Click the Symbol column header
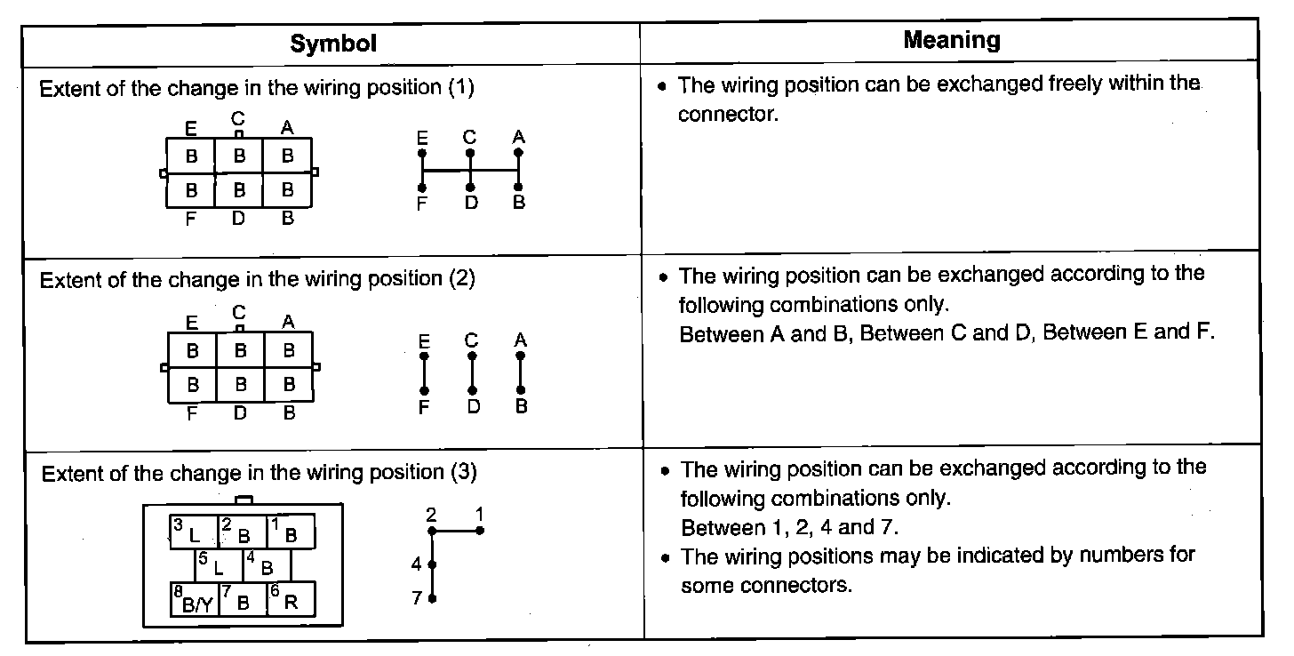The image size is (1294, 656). coord(333,44)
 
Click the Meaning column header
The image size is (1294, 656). coord(951,40)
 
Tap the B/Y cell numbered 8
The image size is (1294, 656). coord(194,601)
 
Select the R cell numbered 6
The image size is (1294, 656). coord(291,601)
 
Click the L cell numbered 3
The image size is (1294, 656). coord(194,532)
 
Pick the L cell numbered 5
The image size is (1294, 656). coord(219,565)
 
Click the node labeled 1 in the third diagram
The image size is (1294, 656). coord(480,531)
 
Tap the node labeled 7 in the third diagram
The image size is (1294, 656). coord(432,598)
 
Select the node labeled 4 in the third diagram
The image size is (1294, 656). coord(432,564)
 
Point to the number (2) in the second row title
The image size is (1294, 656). coord(459,278)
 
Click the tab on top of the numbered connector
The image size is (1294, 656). coord(242,500)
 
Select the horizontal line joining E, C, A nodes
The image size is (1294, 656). coord(470,170)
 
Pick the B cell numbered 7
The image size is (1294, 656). coord(243,601)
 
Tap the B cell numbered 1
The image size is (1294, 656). coord(291,532)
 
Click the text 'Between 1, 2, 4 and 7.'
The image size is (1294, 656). coord(790,527)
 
